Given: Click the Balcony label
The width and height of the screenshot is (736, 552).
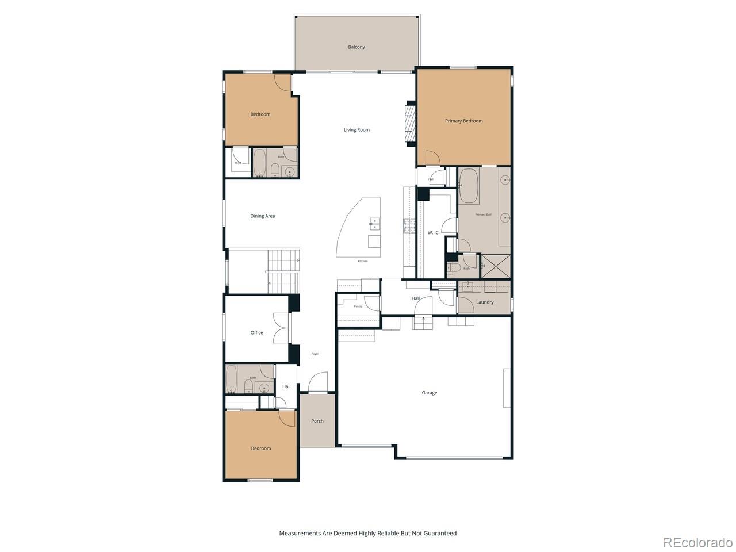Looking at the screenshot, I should tap(356, 47).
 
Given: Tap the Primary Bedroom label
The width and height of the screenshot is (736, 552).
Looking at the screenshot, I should tap(463, 121).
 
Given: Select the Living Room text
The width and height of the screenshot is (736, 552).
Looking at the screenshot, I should tap(356, 130).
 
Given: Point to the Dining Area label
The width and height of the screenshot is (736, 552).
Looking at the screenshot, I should tap(262, 216).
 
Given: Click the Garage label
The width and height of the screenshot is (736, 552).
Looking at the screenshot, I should tap(429, 393).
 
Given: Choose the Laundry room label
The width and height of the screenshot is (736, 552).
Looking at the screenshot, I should tap(485, 302).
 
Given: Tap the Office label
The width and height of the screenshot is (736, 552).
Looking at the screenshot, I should tap(256, 333).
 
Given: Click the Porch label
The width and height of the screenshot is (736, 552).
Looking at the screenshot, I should tap(317, 421).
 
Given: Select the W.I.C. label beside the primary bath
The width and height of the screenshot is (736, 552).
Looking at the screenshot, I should tap(433, 232).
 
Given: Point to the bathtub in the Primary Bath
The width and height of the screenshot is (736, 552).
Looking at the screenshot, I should tap(469, 186).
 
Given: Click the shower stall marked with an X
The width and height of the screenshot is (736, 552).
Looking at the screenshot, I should tap(495, 266).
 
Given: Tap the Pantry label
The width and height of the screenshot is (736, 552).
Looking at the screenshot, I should tap(358, 306).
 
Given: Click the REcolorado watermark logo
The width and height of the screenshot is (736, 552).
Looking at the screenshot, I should tap(697, 542).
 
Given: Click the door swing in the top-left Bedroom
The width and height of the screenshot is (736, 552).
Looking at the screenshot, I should tap(283, 83).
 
